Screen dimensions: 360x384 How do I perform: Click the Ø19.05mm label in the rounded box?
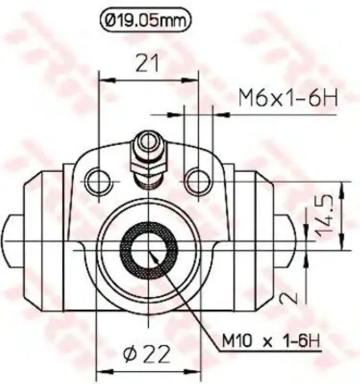click(145, 21)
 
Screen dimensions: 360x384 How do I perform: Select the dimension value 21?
click(147, 63)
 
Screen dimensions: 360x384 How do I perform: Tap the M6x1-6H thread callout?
click(288, 98)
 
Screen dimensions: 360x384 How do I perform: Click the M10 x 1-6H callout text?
click(271, 341)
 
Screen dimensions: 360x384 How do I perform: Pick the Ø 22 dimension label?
click(147, 354)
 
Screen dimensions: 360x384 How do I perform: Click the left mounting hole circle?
click(99, 182)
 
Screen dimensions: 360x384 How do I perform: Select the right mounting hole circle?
click(198, 182)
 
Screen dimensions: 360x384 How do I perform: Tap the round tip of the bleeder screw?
click(149, 141)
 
